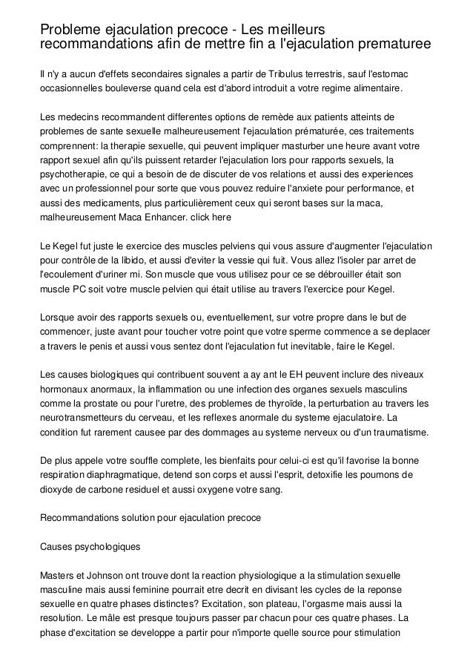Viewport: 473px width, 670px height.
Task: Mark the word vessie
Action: tap(266, 260)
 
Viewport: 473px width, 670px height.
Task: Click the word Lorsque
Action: tap(59, 319)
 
